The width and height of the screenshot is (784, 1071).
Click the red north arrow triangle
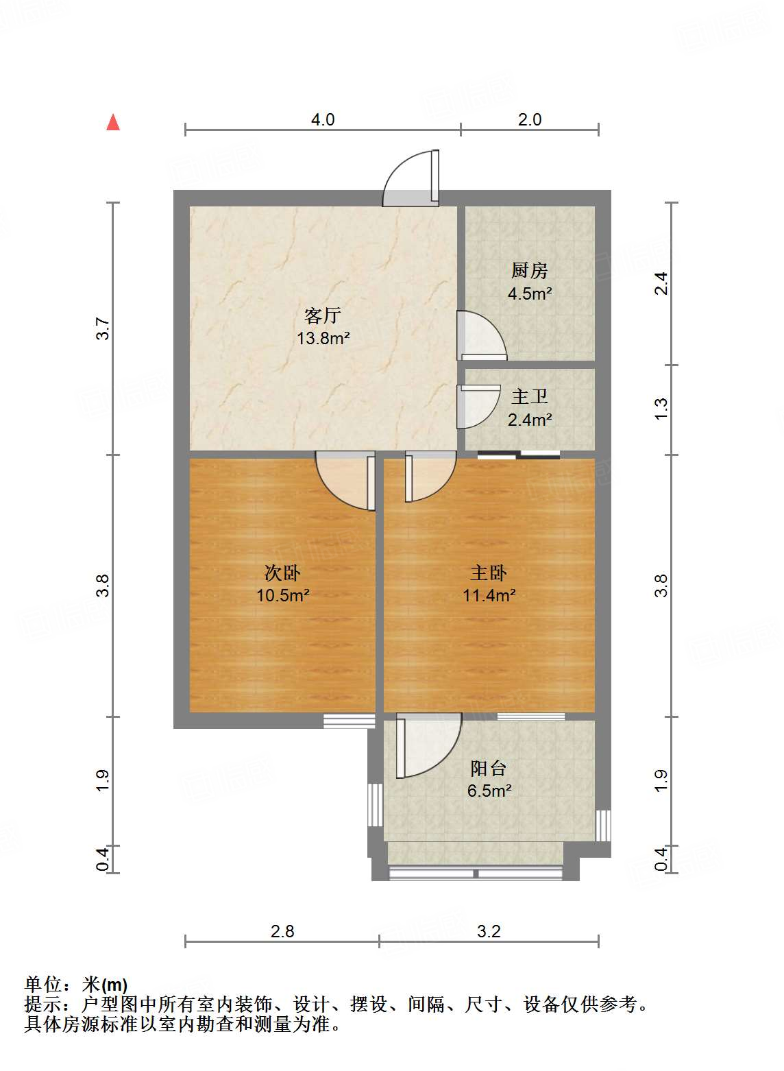(x=113, y=123)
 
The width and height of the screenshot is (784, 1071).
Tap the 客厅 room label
(x=322, y=315)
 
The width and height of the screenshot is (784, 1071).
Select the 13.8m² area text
(x=323, y=338)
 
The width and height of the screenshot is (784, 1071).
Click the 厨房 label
(x=529, y=271)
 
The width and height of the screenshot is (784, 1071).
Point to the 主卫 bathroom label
(x=529, y=396)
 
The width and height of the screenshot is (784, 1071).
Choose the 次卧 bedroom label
(x=282, y=573)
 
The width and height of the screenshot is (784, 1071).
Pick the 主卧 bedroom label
(x=489, y=573)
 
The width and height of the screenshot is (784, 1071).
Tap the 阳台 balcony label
(x=489, y=768)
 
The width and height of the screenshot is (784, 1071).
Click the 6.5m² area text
(x=489, y=791)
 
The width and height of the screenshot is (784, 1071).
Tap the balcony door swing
(x=428, y=745)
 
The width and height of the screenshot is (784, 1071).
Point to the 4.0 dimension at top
(x=323, y=119)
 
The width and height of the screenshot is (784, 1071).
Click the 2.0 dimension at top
(x=530, y=119)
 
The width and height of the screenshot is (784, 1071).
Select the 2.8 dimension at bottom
(x=282, y=931)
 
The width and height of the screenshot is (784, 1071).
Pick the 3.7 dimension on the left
(x=103, y=328)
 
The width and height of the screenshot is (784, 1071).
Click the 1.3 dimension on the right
(x=661, y=409)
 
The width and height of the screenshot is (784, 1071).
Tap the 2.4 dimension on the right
(x=661, y=283)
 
